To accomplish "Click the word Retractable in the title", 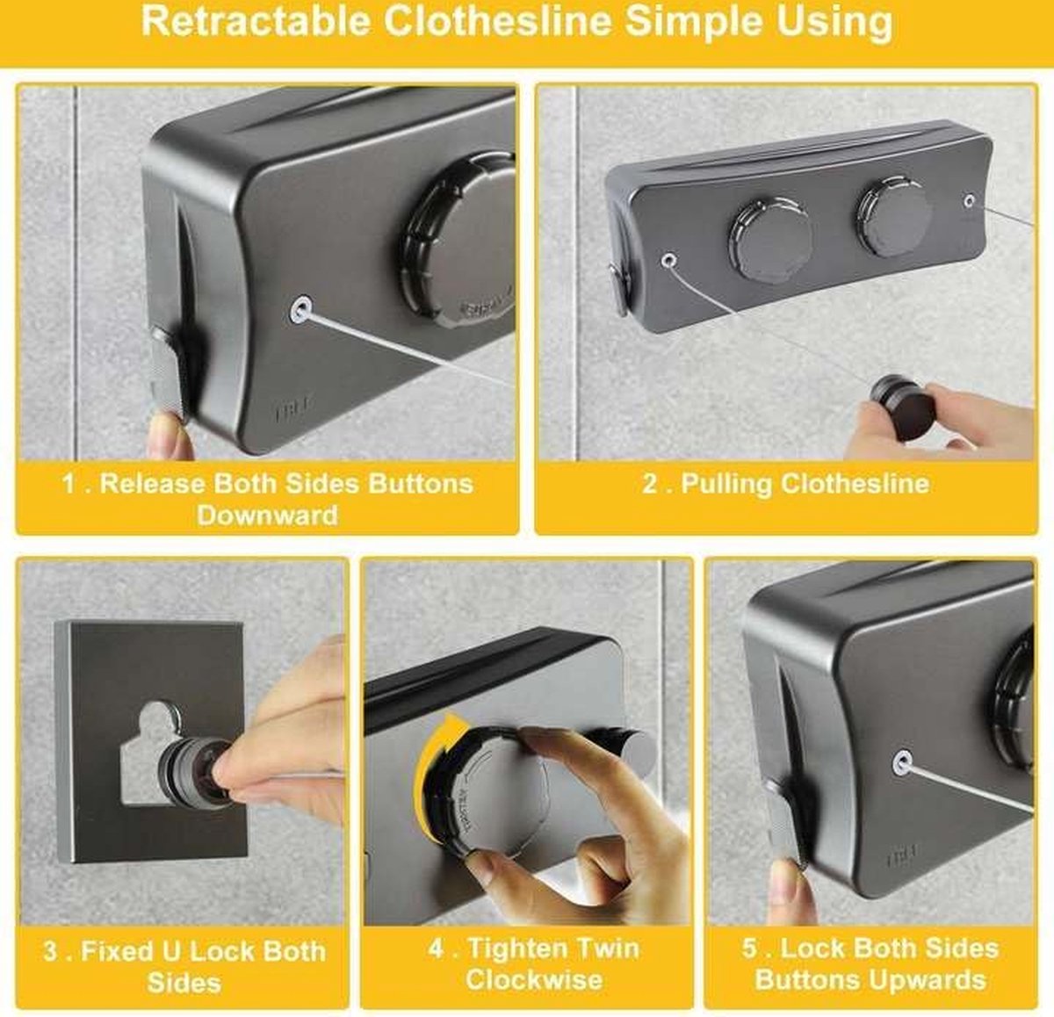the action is click(x=256, y=23).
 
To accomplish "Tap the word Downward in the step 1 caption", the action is click(x=267, y=515).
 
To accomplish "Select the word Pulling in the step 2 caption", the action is click(x=726, y=485).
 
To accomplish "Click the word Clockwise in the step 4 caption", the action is click(x=533, y=979).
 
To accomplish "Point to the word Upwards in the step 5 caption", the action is click(x=928, y=979).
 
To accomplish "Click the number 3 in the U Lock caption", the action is click(x=50, y=951).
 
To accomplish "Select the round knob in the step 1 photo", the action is click(x=458, y=241).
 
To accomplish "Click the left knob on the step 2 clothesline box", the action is click(x=769, y=240).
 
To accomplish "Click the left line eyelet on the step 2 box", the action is click(x=669, y=261).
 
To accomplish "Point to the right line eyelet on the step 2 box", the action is click(x=970, y=201).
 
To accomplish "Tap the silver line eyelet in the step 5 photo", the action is click(x=902, y=763).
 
